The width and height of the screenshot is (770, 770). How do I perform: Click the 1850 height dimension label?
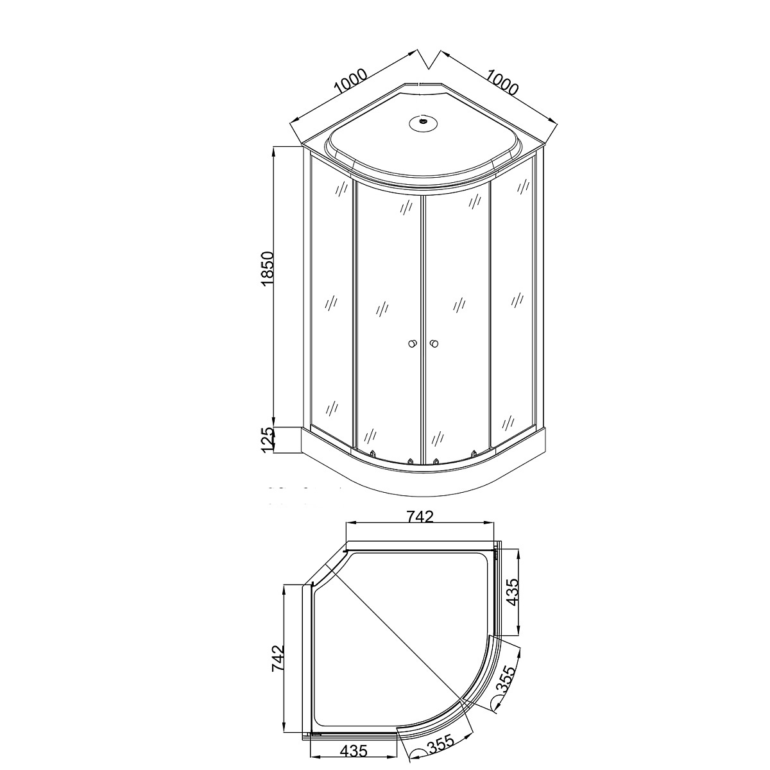click(266, 268)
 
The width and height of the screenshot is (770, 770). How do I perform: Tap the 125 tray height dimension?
click(266, 440)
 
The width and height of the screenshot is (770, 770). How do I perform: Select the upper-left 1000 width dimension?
click(351, 87)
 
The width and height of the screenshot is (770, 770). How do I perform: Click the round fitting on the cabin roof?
click(423, 122)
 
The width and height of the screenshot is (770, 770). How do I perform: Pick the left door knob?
click(411, 343)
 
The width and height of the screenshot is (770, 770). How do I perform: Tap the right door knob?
click(434, 343)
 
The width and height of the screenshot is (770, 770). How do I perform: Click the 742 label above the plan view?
click(420, 517)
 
